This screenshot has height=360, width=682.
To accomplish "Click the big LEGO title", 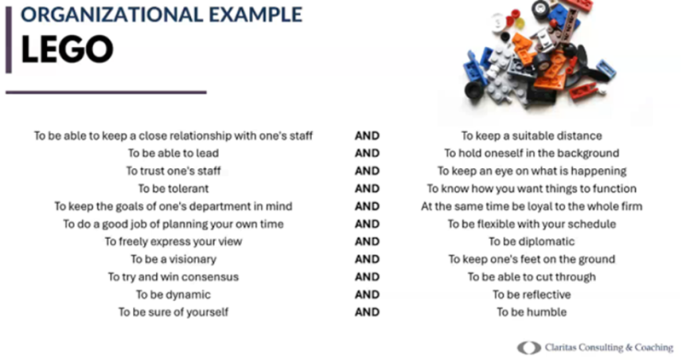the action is coord(67,49).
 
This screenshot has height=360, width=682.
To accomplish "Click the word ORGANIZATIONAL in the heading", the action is coord(112,14).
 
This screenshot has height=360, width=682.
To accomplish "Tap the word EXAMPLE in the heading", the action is coord(255,14).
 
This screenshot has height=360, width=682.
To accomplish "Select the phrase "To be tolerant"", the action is coord(173,189).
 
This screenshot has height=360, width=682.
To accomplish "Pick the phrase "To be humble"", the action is coord(531,312).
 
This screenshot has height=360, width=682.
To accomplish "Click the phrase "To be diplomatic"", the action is coord(531,241).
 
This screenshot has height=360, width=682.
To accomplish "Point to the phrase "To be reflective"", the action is coord(531,294).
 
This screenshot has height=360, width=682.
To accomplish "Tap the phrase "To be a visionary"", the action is coord(173,259).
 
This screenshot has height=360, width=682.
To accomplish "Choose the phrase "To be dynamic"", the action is coord(173,294).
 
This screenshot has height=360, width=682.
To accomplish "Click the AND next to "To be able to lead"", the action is coord(367,154).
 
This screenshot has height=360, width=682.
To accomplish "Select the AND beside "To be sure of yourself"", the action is coord(367,312).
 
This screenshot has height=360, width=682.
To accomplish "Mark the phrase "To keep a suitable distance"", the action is coord(531,136).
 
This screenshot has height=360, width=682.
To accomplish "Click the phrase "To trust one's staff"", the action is coord(173,171).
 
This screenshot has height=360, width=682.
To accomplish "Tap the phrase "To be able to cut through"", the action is coord(531,277).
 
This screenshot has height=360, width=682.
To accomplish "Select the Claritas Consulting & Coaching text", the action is coord(609,347).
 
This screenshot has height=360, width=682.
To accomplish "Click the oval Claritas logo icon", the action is coord(529,348).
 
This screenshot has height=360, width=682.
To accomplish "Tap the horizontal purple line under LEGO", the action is coord(106,92).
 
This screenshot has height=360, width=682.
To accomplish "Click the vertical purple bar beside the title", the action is coord(9,39).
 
